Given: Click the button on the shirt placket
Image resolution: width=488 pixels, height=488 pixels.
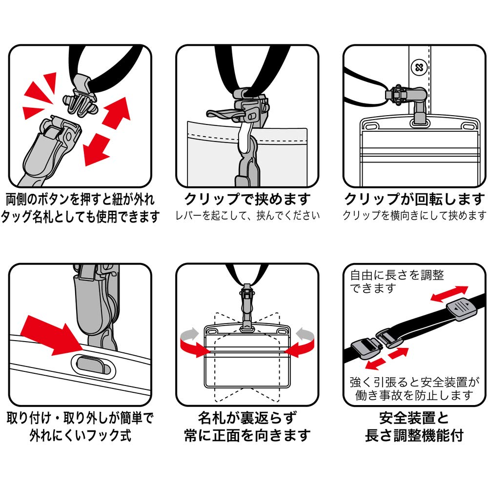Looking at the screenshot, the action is pos(419,67).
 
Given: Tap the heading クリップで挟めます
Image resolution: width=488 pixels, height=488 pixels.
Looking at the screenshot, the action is pos(247,199).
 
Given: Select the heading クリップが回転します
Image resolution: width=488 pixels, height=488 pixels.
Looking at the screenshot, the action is pos(414,199).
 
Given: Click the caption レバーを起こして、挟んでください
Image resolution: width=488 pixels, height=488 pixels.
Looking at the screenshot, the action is pos(247,215).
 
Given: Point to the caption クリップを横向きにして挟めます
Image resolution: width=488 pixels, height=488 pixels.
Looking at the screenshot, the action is pos(414,215).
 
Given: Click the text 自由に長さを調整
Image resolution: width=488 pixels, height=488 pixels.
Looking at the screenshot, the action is pos(397,275).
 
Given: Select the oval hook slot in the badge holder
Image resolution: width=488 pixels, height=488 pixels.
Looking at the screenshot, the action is pos(93,366).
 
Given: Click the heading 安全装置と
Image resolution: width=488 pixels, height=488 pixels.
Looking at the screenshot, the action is pos(414,418).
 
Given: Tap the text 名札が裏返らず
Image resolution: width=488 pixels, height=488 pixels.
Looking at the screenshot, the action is pos(247,418).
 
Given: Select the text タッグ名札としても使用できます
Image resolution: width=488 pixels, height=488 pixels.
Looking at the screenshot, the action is pos(81,217).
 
